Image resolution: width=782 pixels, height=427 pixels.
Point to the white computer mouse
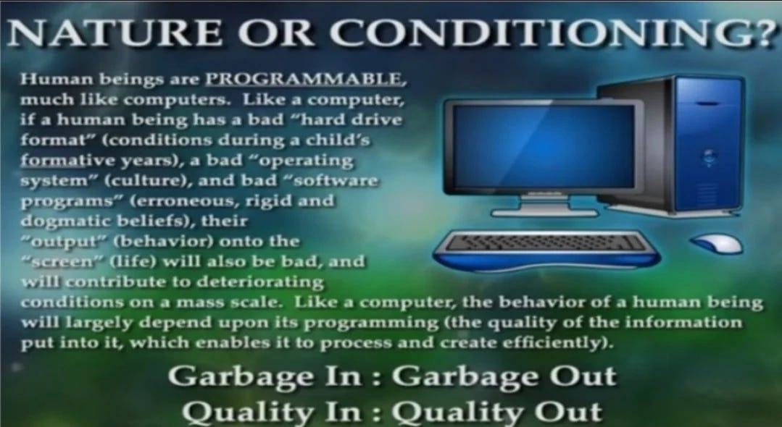pyautogui.click(x=717, y=244)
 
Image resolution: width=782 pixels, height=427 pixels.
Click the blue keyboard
pyautogui.click(x=546, y=250)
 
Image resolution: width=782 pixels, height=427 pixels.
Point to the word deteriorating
pyautogui.click(x=260, y=282)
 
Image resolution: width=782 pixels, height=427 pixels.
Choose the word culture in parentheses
pyautogui.click(x=146, y=180)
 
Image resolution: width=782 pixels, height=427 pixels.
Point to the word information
pyautogui.click(x=683, y=323)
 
